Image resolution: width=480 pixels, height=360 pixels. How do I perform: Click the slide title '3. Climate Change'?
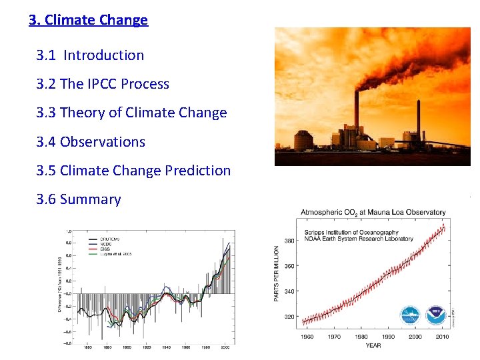coord(88,20)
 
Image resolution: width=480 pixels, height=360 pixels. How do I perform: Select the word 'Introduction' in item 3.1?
coord(103,55)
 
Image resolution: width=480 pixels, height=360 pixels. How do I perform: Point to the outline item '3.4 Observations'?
coord(91,142)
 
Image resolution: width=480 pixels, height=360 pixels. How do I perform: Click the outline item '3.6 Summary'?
coord(79,199)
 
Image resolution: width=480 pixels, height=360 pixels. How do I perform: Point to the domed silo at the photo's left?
coord(303,140)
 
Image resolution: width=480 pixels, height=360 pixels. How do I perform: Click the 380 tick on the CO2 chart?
coord(290,240)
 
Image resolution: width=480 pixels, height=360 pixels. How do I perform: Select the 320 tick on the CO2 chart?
coord(290,317)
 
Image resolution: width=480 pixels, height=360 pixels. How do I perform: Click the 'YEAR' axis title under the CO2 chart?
coord(373,345)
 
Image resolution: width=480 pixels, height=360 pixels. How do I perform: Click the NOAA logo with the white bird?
coord(435,315)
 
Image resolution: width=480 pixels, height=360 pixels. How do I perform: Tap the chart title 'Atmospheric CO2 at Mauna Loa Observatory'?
coord(373,212)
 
